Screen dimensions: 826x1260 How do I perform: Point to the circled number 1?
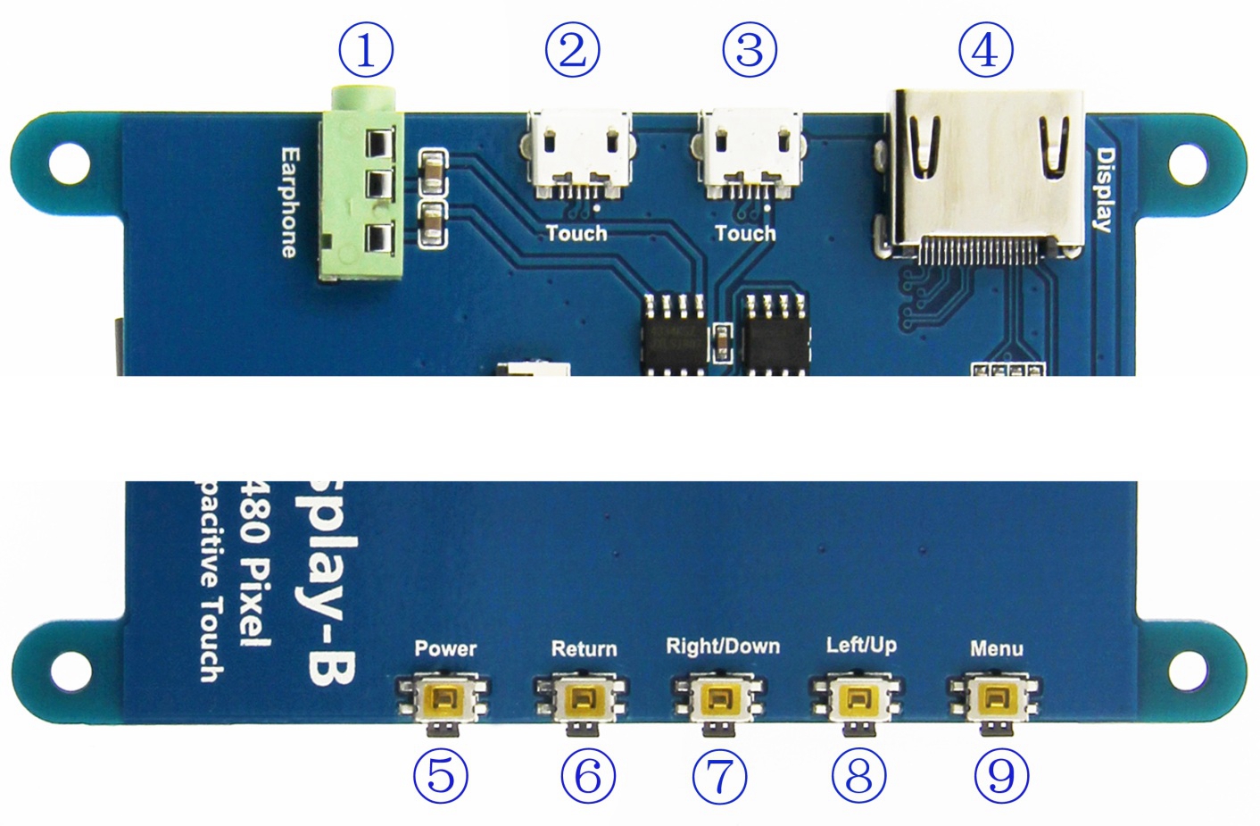click(366, 50)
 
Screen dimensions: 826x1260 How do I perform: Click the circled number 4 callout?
click(985, 50)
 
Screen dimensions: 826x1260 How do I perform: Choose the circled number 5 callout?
click(441, 775)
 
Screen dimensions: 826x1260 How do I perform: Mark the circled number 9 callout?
click(1001, 775)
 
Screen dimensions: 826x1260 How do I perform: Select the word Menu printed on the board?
click(997, 648)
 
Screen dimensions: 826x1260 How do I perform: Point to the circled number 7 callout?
click(719, 775)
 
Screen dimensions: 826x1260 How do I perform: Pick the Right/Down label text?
click(723, 647)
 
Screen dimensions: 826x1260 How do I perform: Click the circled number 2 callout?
click(572, 50)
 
